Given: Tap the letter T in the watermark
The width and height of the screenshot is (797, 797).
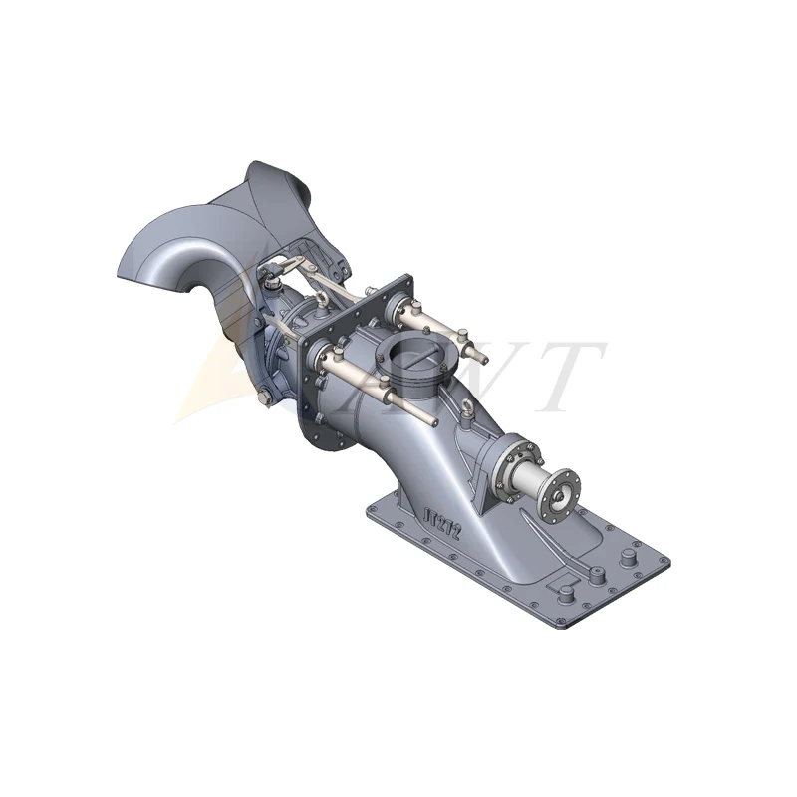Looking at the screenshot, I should click(567, 375).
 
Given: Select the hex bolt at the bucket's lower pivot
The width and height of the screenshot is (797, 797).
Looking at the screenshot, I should click(262, 399).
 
